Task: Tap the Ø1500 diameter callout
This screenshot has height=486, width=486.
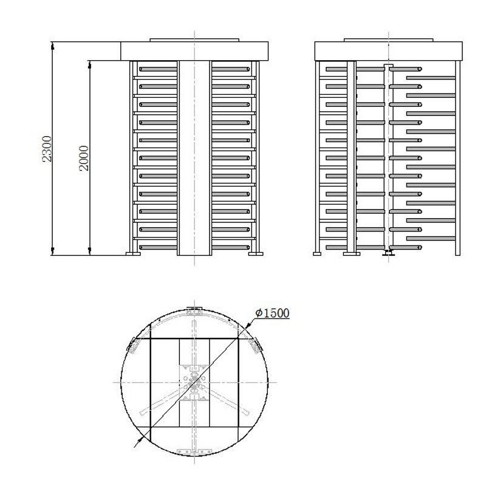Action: (272, 313)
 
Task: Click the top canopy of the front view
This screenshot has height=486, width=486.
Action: (194, 51)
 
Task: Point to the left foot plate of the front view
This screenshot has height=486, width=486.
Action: (132, 254)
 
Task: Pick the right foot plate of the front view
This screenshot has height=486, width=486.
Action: (256, 254)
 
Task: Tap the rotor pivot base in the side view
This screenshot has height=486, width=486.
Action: (386, 253)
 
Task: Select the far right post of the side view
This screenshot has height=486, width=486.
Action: (458, 158)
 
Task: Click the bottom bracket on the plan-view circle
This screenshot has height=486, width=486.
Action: (194, 451)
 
